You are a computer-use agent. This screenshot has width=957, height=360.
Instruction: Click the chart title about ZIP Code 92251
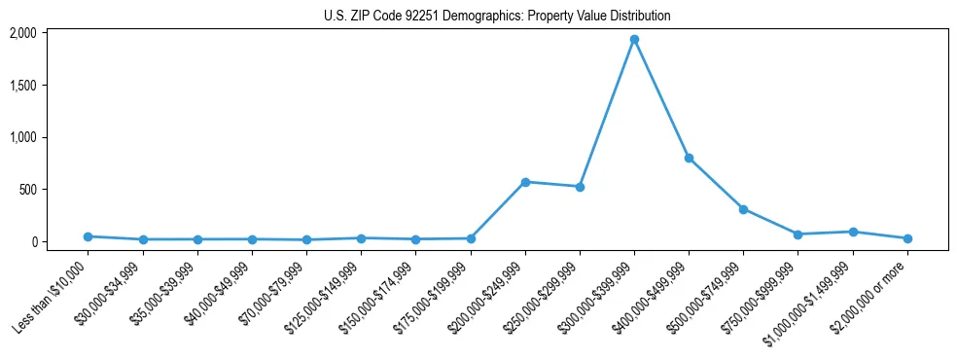pyautogui.click(x=497, y=17)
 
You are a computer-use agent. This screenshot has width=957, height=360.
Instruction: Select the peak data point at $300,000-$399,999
pyautogui.click(x=634, y=40)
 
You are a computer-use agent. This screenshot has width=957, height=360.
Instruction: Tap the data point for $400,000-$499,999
pyautogui.click(x=689, y=158)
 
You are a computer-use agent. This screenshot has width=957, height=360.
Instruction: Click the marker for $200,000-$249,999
pyautogui.click(x=525, y=182)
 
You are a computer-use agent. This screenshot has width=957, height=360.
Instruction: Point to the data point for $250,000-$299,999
pyautogui.click(x=580, y=187)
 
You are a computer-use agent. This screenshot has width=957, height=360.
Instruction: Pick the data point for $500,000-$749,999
pyautogui.click(x=743, y=209)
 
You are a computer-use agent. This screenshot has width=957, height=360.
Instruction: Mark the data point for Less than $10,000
pyautogui.click(x=89, y=236)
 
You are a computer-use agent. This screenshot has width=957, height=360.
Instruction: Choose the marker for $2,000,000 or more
pyautogui.click(x=907, y=238)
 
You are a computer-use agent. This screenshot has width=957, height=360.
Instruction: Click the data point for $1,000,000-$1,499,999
pyautogui.click(x=853, y=232)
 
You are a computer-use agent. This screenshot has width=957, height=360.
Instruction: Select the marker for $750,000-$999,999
pyautogui.click(x=797, y=234)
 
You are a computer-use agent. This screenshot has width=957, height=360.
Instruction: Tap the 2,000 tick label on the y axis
pyautogui.click(x=23, y=33)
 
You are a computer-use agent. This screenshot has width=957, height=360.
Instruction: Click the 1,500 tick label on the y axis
pyautogui.click(x=23, y=86)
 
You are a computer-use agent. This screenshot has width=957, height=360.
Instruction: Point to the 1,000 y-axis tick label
pyautogui.click(x=23, y=137)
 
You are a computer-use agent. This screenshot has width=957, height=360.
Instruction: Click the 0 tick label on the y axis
pyautogui.click(x=33, y=241)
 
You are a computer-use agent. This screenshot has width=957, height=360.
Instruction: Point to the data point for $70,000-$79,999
pyautogui.click(x=306, y=239)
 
